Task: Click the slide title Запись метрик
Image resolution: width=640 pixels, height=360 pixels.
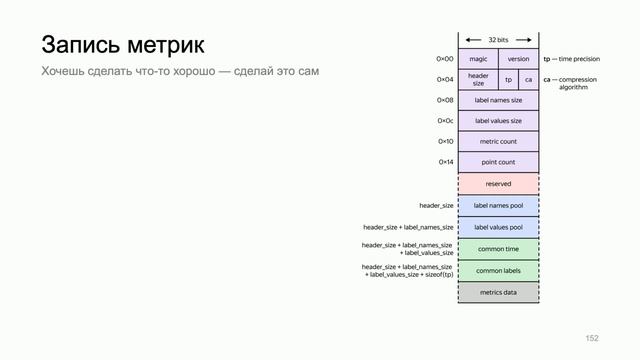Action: point(122,45)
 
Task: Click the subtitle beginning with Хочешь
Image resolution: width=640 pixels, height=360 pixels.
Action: point(185,72)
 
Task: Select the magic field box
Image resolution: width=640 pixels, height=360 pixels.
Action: point(477,59)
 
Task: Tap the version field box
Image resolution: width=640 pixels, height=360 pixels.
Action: point(518,59)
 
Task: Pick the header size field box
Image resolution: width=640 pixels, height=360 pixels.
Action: point(478,79)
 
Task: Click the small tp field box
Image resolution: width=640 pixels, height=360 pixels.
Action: point(508,79)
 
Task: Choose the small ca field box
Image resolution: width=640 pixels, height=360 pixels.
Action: point(528,79)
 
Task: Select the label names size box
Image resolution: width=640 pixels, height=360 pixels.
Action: point(498,100)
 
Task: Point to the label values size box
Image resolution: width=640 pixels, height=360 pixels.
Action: point(498,121)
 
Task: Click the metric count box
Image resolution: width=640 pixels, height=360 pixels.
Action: point(498,142)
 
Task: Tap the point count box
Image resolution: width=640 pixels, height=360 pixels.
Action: point(498,162)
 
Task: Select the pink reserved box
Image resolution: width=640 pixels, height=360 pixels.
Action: point(498,184)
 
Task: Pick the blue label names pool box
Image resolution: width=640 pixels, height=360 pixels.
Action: point(498,206)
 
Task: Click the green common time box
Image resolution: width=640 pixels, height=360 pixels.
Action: point(498,249)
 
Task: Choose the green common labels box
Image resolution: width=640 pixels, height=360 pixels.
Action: point(498,271)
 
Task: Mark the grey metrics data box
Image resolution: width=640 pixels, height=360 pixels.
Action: point(498,293)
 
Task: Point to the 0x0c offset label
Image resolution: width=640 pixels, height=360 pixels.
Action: point(445,121)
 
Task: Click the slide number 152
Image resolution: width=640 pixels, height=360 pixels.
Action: point(591,338)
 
